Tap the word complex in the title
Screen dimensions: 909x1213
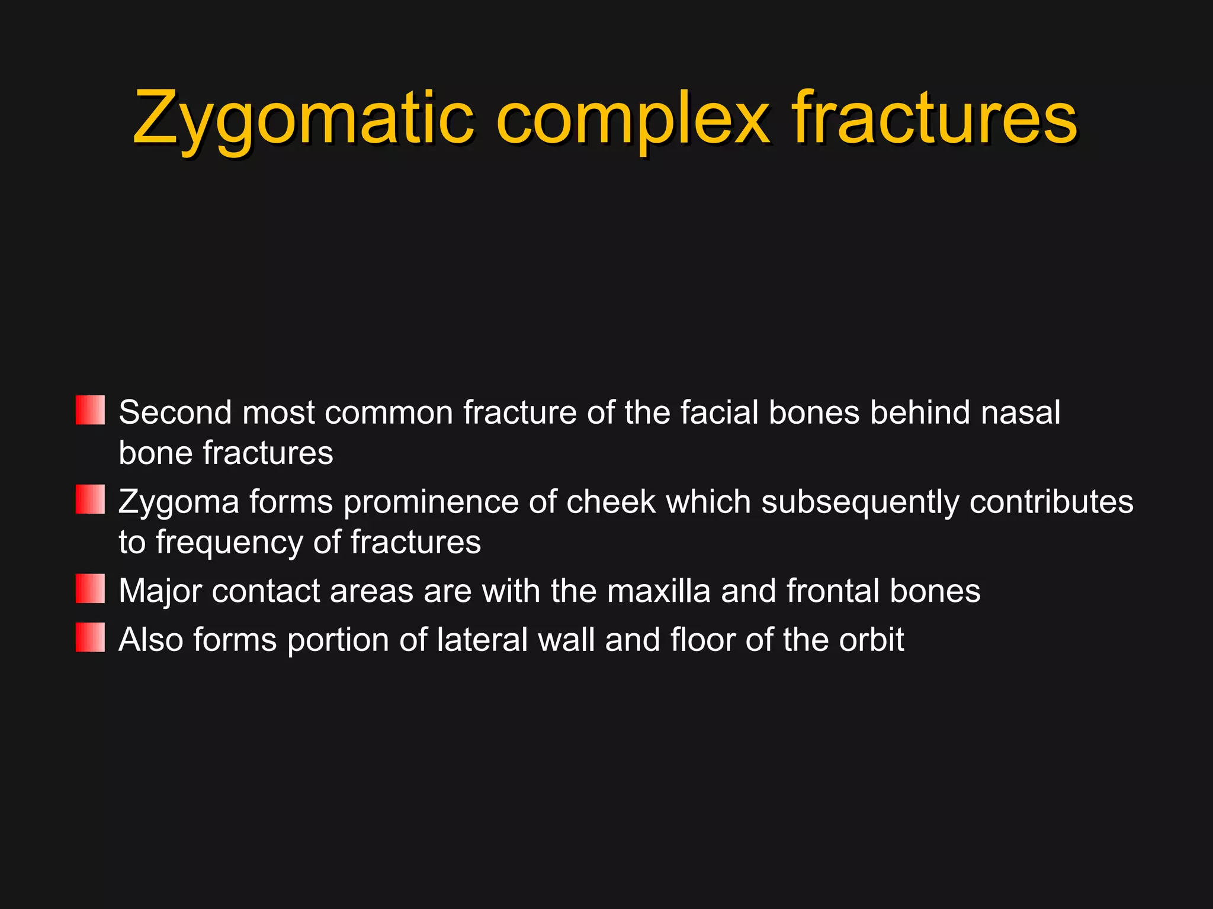click(633, 118)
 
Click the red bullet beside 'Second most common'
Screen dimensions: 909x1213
click(90, 410)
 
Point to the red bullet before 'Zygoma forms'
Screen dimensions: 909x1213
click(90, 499)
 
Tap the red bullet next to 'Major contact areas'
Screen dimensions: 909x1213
click(90, 589)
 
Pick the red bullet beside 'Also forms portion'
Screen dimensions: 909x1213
click(90, 637)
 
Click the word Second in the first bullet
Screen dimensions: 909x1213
click(175, 412)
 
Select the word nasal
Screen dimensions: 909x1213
click(1020, 412)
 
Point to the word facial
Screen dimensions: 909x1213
click(719, 412)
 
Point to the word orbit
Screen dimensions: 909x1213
click(872, 640)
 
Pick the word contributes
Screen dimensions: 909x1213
click(1051, 502)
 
